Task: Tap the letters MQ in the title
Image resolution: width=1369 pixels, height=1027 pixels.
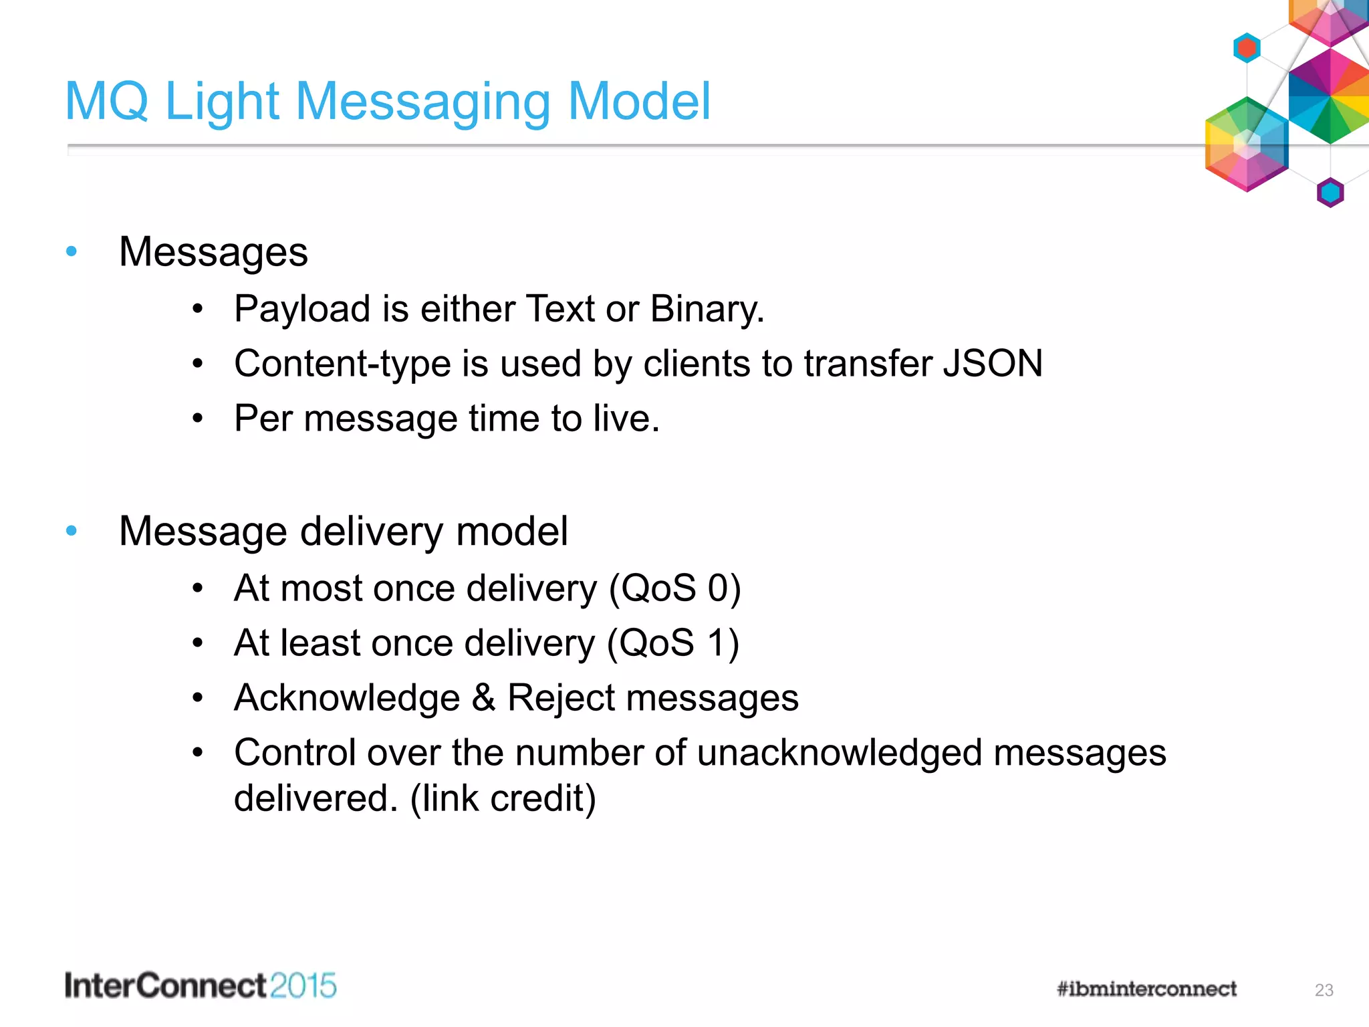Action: (106, 102)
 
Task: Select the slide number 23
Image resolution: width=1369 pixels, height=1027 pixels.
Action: (1324, 990)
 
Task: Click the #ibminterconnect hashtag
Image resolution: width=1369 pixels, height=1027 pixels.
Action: (1146, 989)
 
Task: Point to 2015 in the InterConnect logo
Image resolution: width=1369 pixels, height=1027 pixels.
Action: (303, 986)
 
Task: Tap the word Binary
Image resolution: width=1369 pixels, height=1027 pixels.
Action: (707, 310)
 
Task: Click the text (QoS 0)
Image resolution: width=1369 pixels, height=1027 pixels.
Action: (674, 588)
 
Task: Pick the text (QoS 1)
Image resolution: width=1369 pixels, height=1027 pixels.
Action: (672, 643)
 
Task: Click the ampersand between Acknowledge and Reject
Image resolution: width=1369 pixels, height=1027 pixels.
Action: (483, 698)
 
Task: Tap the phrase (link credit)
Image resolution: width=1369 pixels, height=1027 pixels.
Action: (503, 798)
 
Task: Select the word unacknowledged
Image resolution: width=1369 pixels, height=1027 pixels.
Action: (840, 753)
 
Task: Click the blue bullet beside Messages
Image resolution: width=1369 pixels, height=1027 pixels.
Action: (72, 251)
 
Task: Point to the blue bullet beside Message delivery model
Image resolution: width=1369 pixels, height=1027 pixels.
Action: (72, 531)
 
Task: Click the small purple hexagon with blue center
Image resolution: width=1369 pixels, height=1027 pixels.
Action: (1330, 193)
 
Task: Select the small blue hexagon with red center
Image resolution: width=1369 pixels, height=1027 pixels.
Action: (1246, 48)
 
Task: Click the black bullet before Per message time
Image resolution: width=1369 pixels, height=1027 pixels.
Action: (197, 419)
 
